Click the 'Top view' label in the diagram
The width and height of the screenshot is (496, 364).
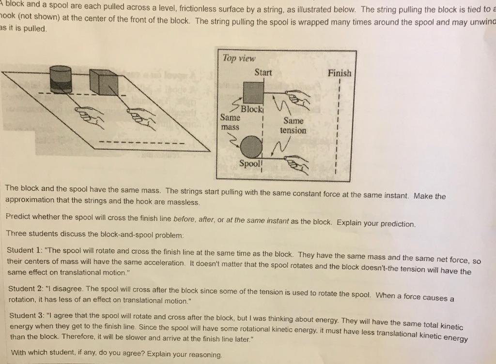tap(238, 58)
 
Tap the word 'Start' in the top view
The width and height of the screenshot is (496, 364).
tap(263, 73)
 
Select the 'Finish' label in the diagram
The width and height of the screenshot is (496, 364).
tap(340, 73)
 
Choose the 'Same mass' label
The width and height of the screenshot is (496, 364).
tap(230, 122)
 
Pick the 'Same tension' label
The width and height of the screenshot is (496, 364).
tap(293, 126)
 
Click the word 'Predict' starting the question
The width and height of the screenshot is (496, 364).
tap(19, 217)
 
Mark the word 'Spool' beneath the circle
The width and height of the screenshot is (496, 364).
tap(250, 163)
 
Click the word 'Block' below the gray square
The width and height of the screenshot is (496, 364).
tap(252, 109)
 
